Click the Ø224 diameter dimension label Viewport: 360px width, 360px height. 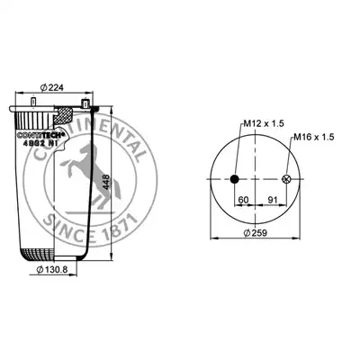click(52, 87)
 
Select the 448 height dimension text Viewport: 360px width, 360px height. click(106, 182)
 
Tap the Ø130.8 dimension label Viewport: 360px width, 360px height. click(52, 270)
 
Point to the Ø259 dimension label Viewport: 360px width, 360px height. click(256, 233)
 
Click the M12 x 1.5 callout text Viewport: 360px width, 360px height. click(264, 123)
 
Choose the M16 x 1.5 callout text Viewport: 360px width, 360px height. click(313, 137)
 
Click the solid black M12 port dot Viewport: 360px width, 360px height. click(234, 179)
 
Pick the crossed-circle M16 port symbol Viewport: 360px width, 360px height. click(286, 179)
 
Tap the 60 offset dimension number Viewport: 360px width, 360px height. click(243, 200)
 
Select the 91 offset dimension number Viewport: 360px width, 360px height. click(273, 200)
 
